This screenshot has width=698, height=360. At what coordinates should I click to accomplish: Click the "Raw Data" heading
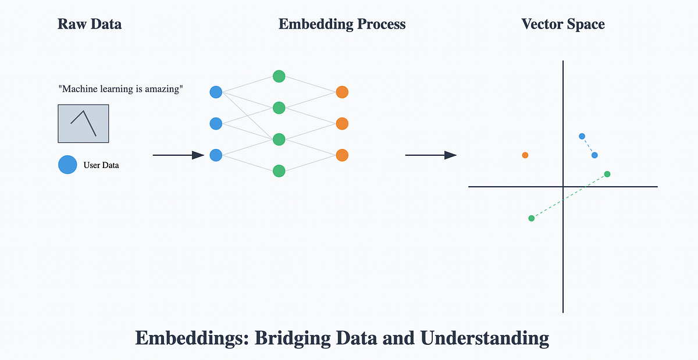[x=90, y=24]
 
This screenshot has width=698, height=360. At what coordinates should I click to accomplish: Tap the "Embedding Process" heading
[x=342, y=24]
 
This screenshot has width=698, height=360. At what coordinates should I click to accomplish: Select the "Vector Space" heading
[x=562, y=24]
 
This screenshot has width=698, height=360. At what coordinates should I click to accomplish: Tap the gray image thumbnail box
[x=83, y=123]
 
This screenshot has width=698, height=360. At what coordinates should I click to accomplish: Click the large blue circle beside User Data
[x=67, y=165]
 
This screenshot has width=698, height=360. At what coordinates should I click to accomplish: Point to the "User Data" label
[x=101, y=165]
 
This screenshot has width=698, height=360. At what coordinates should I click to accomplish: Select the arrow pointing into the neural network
[x=178, y=155]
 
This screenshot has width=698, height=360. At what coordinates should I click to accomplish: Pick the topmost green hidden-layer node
[x=279, y=76]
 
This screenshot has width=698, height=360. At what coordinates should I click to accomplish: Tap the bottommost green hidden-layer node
[x=279, y=171]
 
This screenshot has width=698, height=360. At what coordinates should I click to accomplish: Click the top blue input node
[x=216, y=92]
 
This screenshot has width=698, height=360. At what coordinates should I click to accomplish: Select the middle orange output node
[x=342, y=123]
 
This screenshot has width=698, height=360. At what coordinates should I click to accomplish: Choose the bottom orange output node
[x=342, y=155]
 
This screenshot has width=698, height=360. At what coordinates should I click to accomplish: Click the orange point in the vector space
[x=525, y=155]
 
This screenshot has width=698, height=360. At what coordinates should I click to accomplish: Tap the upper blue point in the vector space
[x=582, y=136]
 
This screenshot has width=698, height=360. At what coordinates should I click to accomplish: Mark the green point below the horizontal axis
[x=531, y=218]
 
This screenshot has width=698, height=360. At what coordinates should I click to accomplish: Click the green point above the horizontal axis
[x=607, y=174]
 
